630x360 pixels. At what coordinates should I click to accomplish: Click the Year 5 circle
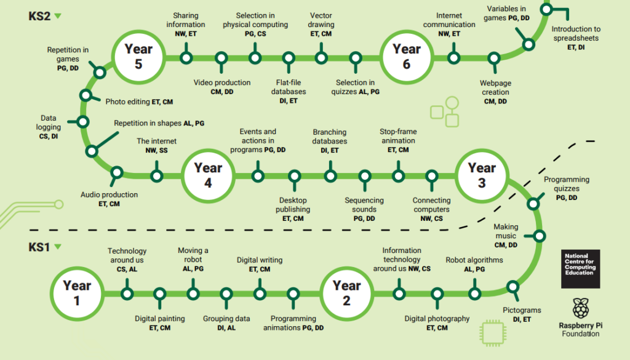(138, 57)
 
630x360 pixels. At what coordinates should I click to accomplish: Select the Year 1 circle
(77, 294)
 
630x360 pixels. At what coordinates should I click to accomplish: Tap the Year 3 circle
(482, 175)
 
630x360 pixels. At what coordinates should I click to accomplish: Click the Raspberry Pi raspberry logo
(581, 308)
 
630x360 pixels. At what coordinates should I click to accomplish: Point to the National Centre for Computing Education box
(581, 269)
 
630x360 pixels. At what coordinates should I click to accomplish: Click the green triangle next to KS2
(58, 16)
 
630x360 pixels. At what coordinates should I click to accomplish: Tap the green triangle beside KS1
(58, 247)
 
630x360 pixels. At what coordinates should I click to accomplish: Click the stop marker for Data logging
(83, 121)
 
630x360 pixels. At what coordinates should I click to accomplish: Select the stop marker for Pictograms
(512, 287)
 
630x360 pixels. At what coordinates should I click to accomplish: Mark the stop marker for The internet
(157, 175)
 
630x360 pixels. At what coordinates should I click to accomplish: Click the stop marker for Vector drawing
(321, 58)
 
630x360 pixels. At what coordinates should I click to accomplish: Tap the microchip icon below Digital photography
(493, 333)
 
